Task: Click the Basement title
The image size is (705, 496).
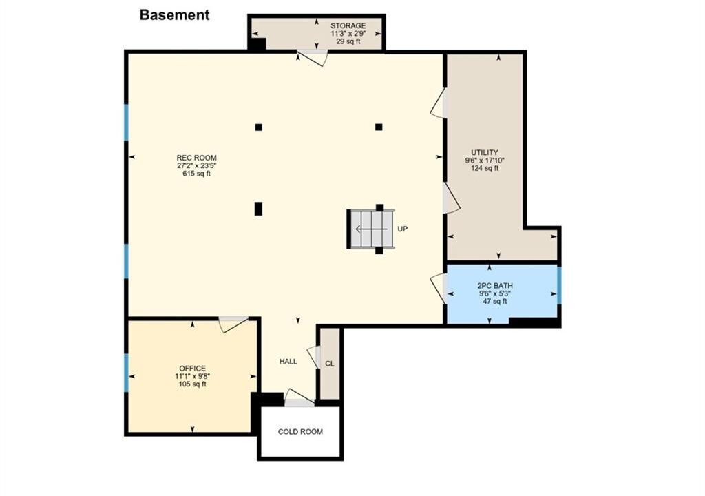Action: click(x=174, y=15)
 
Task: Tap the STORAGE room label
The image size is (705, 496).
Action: click(x=348, y=25)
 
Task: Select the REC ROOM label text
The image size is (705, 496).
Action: click(x=196, y=158)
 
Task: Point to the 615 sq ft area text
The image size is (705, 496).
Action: click(x=196, y=174)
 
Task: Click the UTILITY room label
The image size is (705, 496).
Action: click(x=485, y=152)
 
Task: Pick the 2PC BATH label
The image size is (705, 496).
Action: click(x=495, y=286)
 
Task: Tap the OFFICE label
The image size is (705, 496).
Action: click(x=193, y=368)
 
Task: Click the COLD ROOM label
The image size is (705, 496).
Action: click(x=300, y=432)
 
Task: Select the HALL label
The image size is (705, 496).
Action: click(x=288, y=362)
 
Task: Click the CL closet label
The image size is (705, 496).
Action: click(x=330, y=364)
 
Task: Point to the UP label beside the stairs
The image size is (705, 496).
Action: click(x=402, y=229)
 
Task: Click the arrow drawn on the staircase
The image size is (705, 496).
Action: click(x=371, y=229)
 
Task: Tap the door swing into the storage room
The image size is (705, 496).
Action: click(x=312, y=59)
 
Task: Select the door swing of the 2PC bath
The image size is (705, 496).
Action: click(x=437, y=288)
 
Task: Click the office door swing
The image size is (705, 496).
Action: click(x=233, y=324)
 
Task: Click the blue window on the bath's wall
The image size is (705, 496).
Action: click(x=559, y=285)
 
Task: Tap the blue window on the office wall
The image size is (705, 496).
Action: click(x=127, y=372)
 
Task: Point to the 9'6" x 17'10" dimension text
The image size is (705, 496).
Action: click(x=485, y=161)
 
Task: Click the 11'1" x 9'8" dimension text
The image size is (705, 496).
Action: click(x=193, y=376)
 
